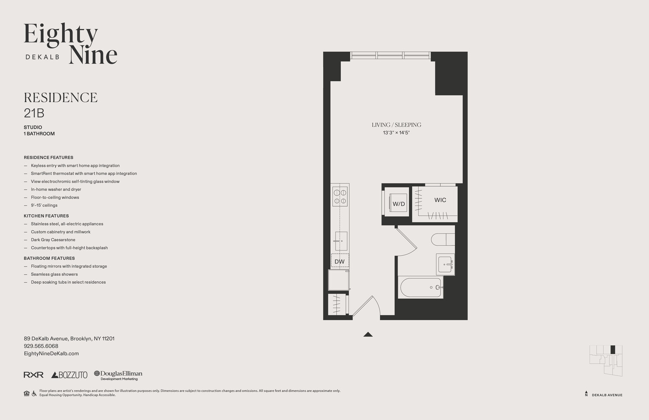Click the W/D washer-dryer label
coord(398,204)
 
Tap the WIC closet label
coord(440,200)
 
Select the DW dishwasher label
coord(340,262)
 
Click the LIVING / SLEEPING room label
coord(396,125)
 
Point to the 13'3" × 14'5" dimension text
coord(396,133)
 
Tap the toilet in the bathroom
coord(442,239)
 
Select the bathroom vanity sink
coord(445,264)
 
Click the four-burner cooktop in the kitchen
coord(340,196)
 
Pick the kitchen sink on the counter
coord(341,241)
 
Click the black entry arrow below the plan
coord(368,334)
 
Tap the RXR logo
coord(33,375)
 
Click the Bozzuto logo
coord(69,375)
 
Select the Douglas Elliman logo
coord(118,375)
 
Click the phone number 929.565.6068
coord(41,346)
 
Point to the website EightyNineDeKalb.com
coord(51,353)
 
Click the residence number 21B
coord(34,113)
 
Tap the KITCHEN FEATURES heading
coord(46,216)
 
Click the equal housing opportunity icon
coord(27,393)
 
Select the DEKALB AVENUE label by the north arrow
coord(607,395)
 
